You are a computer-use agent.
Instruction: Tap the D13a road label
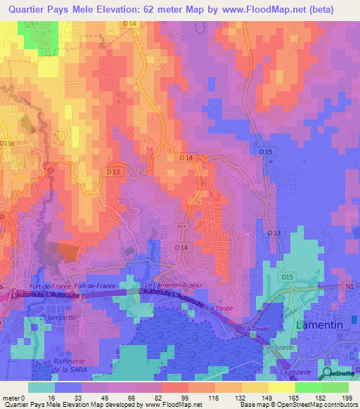7,143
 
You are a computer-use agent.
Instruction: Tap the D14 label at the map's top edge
129,24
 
